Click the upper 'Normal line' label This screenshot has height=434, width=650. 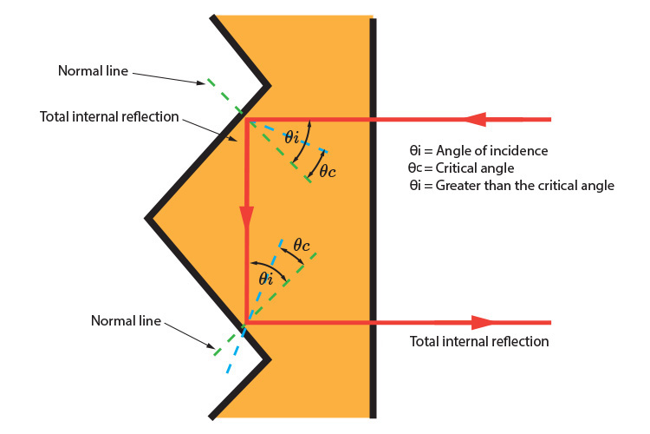click(93, 70)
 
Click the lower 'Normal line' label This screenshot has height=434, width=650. click(126, 320)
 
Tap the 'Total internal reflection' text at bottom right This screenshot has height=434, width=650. click(479, 341)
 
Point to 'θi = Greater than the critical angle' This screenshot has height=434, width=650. click(510, 185)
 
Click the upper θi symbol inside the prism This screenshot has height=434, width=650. click(291, 136)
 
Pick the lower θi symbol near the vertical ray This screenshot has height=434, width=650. click(267, 278)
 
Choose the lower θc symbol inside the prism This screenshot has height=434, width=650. click(301, 246)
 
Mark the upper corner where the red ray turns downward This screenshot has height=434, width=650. click(247, 120)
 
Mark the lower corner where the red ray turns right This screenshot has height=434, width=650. click(246, 322)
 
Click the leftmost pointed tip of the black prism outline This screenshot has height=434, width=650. click(149, 217)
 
